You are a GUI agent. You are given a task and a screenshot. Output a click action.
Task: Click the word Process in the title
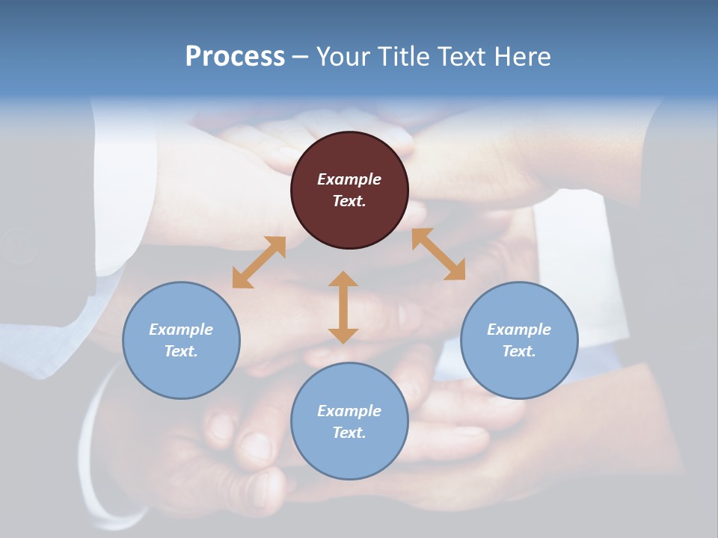coord(235,57)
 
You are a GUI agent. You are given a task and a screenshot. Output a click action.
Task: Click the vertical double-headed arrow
coord(343,307)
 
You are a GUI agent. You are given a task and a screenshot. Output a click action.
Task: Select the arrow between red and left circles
coord(259,262)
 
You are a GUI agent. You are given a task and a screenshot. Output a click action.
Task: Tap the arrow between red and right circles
coord(438,254)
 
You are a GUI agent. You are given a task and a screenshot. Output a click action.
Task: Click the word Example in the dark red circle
coord(349,179)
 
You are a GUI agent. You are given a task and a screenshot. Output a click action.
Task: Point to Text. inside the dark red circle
coord(349,201)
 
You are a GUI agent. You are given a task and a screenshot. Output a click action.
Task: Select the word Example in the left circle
coord(181,330)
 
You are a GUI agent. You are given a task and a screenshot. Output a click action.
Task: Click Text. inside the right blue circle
coord(519,351)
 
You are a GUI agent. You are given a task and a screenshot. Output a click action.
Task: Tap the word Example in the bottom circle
coord(349,411)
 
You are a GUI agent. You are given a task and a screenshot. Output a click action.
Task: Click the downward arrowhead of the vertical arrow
coord(343,336)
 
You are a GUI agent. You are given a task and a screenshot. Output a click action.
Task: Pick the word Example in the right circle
coord(519,330)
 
